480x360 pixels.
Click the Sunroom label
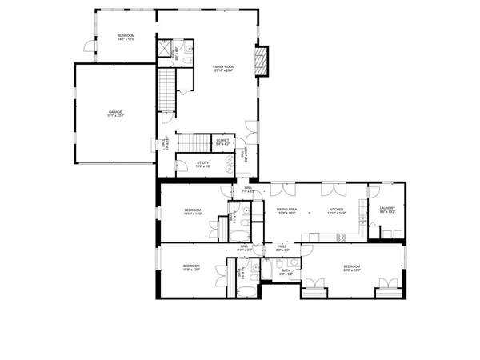pos(126,37)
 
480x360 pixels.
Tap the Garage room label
pos(117,113)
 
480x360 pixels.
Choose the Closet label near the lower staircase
pos(222,141)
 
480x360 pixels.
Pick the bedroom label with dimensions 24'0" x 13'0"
pos(353,267)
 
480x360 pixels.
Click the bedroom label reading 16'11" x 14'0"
pos(192,212)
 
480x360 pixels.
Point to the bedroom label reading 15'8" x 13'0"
pos(190,267)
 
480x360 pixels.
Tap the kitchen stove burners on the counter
pos(340,235)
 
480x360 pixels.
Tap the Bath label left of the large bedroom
pos(286,271)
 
